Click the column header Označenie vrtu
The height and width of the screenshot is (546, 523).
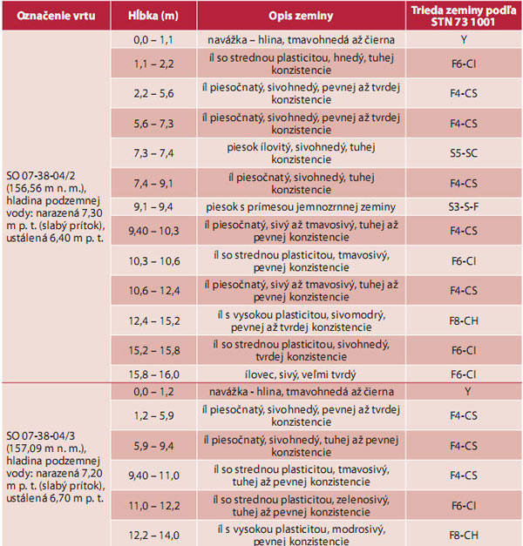click(54, 16)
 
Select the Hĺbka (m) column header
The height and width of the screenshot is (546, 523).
click(153, 16)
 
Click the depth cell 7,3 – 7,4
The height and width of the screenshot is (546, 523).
click(153, 152)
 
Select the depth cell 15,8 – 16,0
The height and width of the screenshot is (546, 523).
click(153, 373)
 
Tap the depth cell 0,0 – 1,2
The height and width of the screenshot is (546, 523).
click(153, 391)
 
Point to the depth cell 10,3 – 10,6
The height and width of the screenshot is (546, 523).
click(153, 261)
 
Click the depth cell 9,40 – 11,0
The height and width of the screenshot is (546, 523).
click(153, 476)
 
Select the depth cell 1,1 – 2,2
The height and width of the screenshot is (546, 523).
click(153, 64)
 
